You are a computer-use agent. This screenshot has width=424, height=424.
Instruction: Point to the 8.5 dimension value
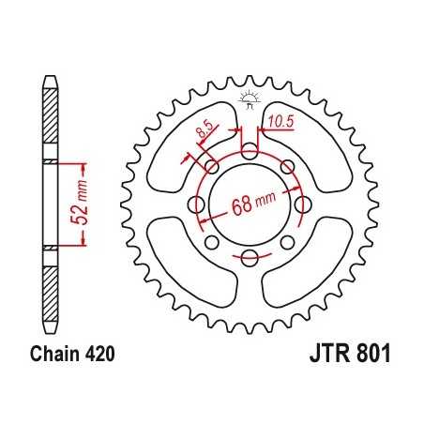(x=204, y=132)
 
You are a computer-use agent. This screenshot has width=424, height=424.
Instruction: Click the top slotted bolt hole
(x=250, y=150)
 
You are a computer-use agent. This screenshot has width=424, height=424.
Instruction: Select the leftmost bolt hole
(x=196, y=204)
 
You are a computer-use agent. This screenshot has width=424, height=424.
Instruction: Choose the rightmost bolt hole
(x=303, y=204)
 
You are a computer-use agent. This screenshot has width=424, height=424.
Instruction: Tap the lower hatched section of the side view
(x=48, y=281)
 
